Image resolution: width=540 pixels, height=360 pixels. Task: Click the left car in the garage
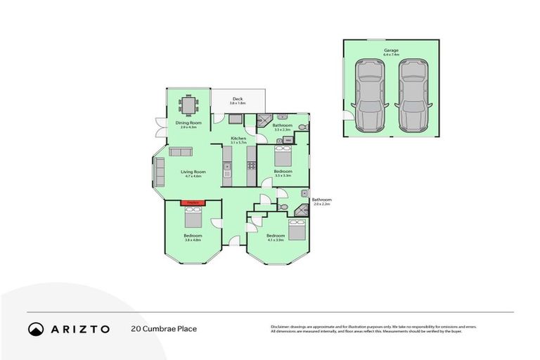(x=370, y=94)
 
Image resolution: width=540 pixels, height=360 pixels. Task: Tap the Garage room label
(x=391, y=51)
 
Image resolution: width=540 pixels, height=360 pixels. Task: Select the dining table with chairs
(x=188, y=105)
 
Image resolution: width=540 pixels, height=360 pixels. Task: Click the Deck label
(x=238, y=99)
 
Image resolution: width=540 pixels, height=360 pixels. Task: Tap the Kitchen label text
(x=238, y=139)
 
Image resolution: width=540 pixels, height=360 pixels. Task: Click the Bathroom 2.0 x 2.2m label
(x=321, y=201)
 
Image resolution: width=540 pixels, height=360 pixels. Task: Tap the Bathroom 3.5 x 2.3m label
(x=282, y=126)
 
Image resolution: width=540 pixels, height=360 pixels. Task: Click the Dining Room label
(x=188, y=123)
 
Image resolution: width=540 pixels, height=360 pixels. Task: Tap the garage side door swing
(x=347, y=115)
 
